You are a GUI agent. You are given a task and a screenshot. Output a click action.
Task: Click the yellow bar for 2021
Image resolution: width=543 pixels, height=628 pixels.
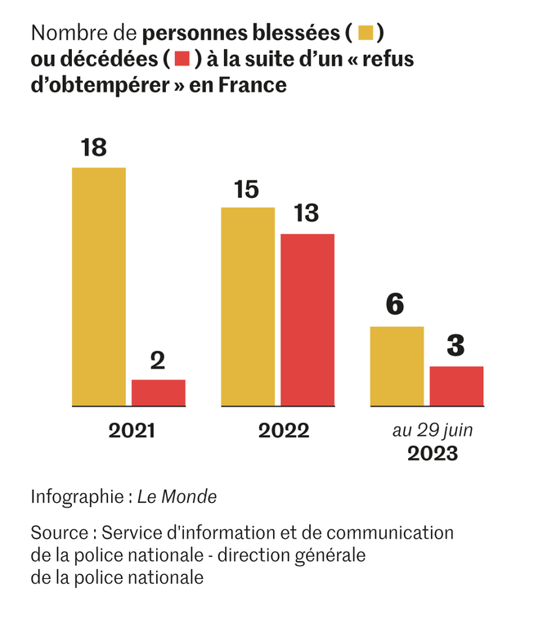click(99, 286)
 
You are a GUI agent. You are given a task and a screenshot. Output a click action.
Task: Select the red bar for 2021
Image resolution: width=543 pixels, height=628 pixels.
click(159, 392)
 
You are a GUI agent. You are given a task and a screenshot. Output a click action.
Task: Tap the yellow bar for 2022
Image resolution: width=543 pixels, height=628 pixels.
click(248, 307)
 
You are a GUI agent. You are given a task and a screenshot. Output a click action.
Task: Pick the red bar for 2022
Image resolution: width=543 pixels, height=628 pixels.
click(307, 320)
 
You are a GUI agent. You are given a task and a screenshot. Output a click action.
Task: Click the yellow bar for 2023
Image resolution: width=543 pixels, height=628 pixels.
click(397, 366)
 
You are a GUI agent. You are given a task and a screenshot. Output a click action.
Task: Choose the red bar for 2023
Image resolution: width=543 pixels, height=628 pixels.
click(456, 386)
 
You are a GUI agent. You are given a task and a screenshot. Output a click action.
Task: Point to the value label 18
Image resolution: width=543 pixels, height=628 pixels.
click(94, 148)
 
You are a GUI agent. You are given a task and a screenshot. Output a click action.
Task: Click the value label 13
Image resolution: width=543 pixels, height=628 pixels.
click(306, 213)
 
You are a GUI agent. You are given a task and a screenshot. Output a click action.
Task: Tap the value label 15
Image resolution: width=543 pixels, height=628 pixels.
click(246, 189)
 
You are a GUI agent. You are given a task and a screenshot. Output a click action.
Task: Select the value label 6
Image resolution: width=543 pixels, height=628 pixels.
click(394, 305)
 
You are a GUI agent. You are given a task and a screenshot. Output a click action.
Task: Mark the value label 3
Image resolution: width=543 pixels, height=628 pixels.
click(455, 345)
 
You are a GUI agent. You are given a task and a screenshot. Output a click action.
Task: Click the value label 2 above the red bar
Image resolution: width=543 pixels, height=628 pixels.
click(158, 360)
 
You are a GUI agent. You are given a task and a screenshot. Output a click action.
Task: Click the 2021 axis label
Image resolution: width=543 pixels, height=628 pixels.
click(132, 431)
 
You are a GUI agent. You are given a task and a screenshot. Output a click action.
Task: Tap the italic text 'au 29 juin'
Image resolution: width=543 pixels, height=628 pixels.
click(433, 430)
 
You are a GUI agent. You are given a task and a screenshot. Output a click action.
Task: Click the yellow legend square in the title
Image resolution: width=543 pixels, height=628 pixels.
click(366, 34)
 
